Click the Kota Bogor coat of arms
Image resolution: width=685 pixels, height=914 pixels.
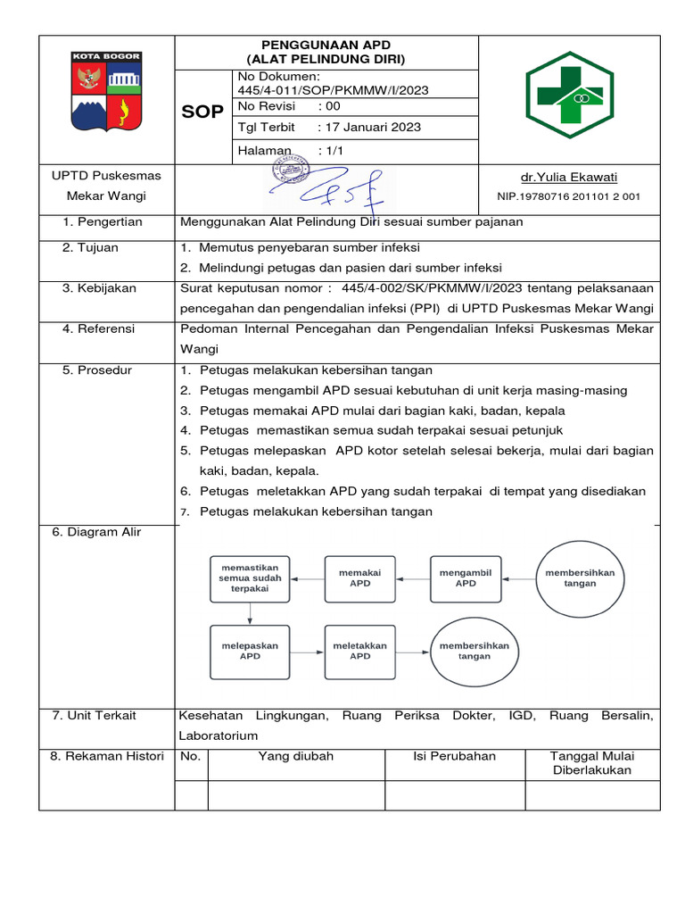[106, 98]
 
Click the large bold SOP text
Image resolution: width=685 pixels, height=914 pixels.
[202, 112]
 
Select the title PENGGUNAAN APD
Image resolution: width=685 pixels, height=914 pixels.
[326, 45]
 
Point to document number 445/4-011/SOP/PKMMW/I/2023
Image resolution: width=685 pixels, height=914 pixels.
[334, 89]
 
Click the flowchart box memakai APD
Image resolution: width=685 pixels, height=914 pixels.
[359, 577]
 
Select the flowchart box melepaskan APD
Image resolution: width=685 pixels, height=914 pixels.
[250, 650]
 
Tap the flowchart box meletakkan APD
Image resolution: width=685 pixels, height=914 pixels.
[359, 650]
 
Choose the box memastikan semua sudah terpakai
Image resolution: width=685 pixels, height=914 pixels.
[250, 577]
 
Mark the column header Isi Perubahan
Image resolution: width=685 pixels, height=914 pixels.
[454, 756]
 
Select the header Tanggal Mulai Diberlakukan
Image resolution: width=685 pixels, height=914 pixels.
[592, 763]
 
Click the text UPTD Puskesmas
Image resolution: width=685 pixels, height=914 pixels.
[106, 176]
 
